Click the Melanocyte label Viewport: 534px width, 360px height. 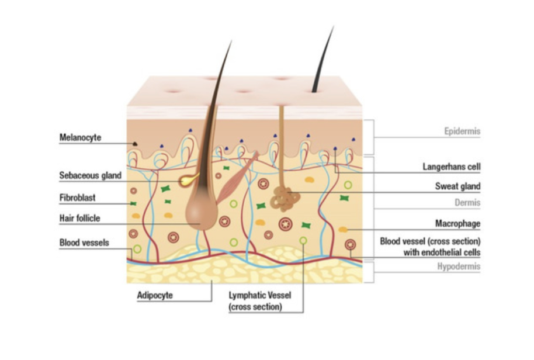[x=81, y=137]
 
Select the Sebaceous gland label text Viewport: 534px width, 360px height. [x=90, y=176]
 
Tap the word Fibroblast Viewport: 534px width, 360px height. [x=77, y=198]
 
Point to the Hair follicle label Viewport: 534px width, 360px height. [x=79, y=219]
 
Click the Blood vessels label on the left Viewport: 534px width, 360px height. [x=84, y=243]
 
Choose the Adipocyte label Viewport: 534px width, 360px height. [x=155, y=295]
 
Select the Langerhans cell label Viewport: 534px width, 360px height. [x=452, y=167]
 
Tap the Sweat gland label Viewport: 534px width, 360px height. [x=457, y=186]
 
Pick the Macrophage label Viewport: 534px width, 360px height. [x=457, y=224]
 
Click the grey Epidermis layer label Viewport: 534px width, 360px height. [x=462, y=131]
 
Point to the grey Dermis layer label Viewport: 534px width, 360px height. [x=467, y=203]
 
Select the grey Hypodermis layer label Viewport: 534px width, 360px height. [x=459, y=266]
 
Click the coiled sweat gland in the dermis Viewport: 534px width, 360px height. [x=285, y=199]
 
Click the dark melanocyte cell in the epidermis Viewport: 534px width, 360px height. [x=135, y=144]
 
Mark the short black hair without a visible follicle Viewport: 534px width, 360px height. [x=323, y=59]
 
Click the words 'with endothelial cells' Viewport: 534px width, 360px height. [x=442, y=252]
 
